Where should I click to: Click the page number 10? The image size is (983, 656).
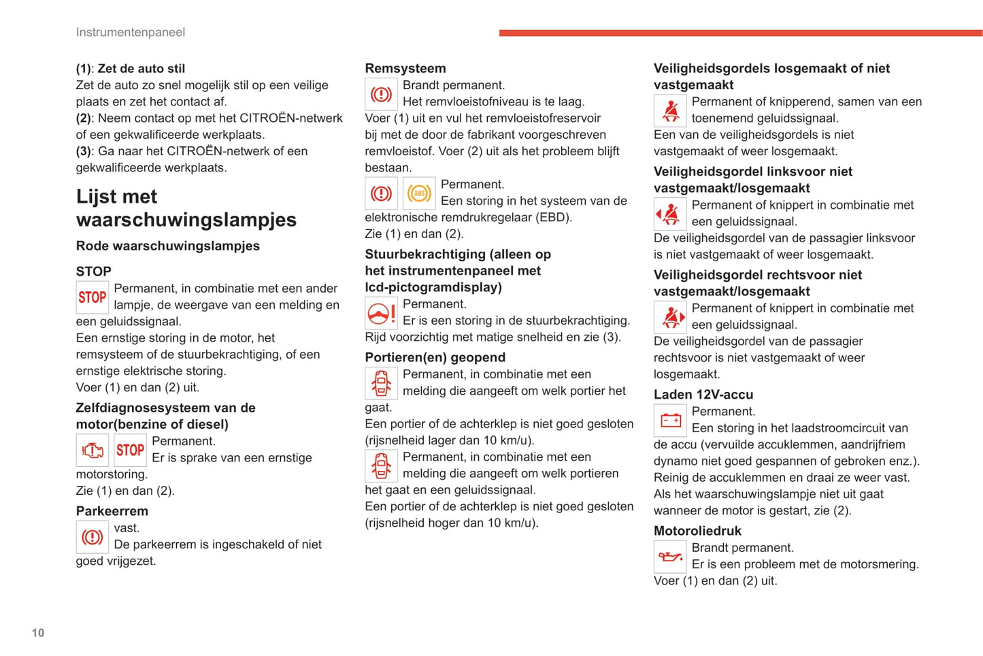(38, 633)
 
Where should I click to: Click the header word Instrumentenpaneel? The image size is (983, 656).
(130, 32)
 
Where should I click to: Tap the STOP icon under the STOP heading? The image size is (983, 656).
(93, 297)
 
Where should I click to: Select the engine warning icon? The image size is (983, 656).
(93, 450)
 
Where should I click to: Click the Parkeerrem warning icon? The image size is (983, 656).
(93, 537)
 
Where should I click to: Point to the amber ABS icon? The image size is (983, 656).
(419, 194)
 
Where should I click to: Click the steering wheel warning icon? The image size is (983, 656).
(381, 314)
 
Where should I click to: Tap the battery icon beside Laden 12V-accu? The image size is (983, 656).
(670, 421)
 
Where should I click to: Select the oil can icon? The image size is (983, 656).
(670, 557)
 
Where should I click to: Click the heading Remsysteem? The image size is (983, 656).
(405, 68)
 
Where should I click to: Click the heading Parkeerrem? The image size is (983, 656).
(112, 511)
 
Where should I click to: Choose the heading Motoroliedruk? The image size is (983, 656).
(697, 531)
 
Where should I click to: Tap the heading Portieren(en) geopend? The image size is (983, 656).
(435, 357)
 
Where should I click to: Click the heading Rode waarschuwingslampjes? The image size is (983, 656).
(167, 246)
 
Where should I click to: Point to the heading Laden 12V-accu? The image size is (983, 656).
(703, 395)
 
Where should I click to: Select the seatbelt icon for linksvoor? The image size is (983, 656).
(670, 214)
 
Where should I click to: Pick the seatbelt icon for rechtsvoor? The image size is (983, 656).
(670, 317)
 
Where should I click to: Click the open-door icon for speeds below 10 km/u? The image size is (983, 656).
(381, 383)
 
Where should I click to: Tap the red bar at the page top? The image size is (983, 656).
(740, 33)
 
